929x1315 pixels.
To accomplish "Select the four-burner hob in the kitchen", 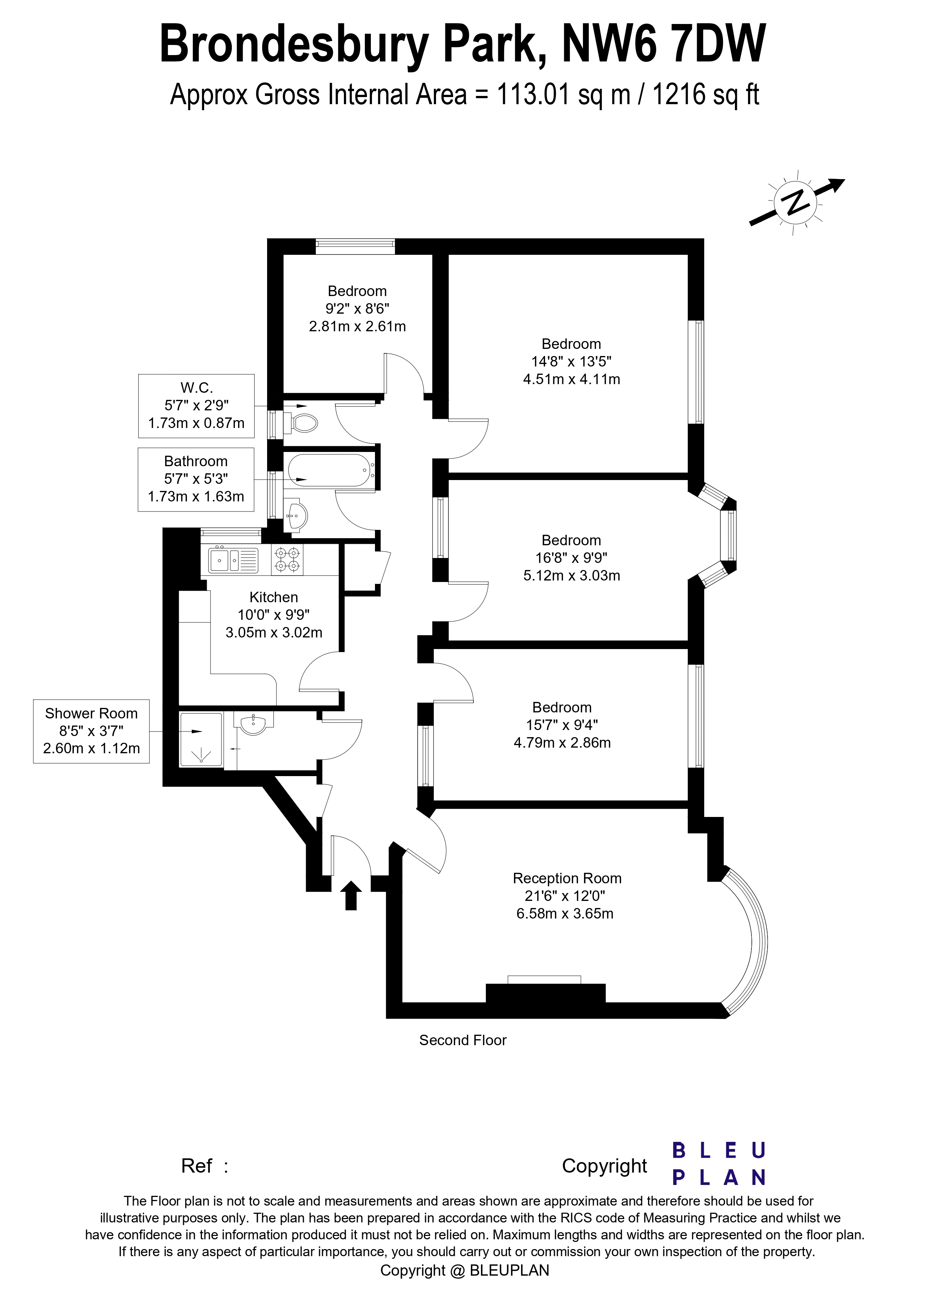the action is tap(287, 559).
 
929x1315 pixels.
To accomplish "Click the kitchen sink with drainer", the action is tap(233, 560).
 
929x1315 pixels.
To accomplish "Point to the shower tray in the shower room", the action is tap(200, 739).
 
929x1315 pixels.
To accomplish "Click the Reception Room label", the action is tap(567, 878).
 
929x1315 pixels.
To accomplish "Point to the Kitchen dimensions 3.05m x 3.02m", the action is tap(273, 632).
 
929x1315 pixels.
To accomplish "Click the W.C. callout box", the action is tap(196, 406).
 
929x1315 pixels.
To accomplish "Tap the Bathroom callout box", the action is tap(196, 479).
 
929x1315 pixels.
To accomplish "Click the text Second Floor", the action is tap(463, 1040).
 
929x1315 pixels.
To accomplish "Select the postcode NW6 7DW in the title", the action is tap(664, 44).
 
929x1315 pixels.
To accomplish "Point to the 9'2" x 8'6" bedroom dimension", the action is tap(357, 309).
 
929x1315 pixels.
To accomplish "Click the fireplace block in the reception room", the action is tap(545, 994).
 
